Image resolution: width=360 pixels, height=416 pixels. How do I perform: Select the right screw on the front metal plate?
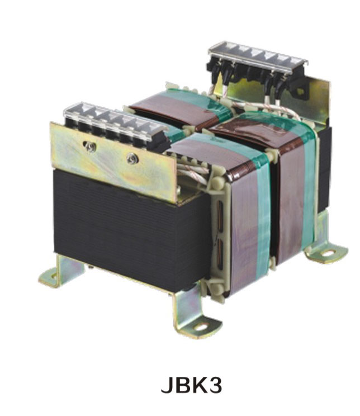click(132, 158)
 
